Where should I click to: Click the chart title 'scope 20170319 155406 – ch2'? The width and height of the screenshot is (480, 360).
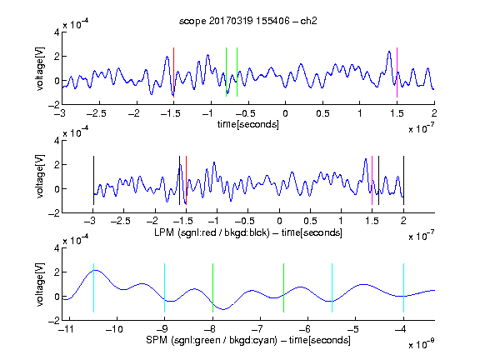point(248,21)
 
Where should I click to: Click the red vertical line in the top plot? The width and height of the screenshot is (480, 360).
point(173,72)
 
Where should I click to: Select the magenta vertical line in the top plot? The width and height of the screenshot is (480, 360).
point(397,72)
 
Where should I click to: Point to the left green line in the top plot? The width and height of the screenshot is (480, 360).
point(226,72)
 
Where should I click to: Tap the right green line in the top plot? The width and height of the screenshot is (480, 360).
point(237,72)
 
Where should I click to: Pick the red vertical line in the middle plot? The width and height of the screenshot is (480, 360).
point(186,181)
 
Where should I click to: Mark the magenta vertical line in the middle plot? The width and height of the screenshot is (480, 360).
point(372,181)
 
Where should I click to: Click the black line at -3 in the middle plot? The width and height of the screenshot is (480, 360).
point(93,181)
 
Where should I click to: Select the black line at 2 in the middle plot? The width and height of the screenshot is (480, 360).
point(403,181)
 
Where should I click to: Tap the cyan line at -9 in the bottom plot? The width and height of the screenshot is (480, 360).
point(165,287)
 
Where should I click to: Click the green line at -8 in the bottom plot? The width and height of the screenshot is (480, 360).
point(212,287)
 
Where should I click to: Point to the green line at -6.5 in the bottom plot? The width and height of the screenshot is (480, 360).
point(284,287)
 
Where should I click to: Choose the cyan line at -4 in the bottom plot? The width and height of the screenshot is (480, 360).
point(403,287)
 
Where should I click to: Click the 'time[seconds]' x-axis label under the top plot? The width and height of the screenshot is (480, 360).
point(248,124)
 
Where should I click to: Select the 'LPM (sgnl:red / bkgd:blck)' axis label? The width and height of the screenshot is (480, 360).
point(212,232)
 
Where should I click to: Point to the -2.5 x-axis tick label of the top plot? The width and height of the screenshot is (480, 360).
point(97,113)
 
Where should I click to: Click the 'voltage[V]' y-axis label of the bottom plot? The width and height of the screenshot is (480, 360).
point(40,284)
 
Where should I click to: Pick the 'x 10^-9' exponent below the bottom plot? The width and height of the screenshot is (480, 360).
point(422,344)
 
